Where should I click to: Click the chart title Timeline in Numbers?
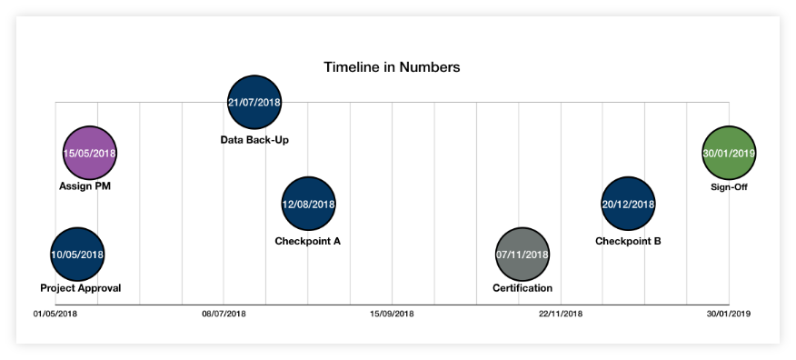[392, 67]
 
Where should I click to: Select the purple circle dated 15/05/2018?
[90, 153]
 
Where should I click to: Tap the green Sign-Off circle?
[729, 153]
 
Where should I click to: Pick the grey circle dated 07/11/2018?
[522, 255]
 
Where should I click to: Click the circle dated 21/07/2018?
[254, 102]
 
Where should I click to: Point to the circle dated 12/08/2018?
[309, 204]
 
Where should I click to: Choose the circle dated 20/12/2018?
[628, 204]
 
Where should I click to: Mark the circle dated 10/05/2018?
[77, 255]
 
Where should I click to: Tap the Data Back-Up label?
[254, 140]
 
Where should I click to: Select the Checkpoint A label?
[307, 242]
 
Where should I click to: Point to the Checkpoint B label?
[628, 242]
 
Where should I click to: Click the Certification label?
[522, 288]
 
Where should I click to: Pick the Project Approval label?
[80, 288]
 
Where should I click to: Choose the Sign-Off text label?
[729, 187]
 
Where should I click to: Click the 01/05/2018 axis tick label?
[55, 315]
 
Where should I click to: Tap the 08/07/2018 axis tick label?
[224, 315]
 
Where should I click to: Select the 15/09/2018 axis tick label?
[392, 315]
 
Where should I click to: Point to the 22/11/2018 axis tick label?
[561, 315]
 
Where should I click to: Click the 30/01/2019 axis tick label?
[729, 315]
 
